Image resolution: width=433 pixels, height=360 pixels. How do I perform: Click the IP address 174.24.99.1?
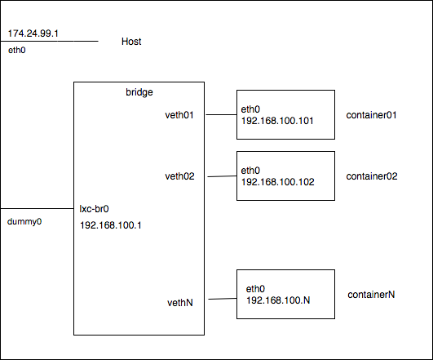click(33, 33)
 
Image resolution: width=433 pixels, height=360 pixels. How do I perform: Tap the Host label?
click(131, 42)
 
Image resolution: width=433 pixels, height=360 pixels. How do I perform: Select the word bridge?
click(139, 92)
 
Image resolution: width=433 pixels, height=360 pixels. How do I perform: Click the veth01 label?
click(179, 115)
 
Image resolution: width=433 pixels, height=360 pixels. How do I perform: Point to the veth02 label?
click(179, 176)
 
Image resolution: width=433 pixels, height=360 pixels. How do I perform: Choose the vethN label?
click(180, 303)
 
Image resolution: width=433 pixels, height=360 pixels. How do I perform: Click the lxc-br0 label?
click(94, 209)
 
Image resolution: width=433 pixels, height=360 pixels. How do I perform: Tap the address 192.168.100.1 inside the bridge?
click(111, 225)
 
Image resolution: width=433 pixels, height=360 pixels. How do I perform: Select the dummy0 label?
click(24, 222)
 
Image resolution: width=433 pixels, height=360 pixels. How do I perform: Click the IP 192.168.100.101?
click(277, 121)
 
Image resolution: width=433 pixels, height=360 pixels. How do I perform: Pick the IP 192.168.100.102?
click(278, 182)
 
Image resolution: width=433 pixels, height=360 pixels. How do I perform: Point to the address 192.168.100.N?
click(278, 300)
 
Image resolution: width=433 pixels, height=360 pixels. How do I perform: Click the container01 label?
click(371, 115)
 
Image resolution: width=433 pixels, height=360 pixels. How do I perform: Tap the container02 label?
click(372, 176)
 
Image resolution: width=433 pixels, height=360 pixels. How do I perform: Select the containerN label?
click(371, 295)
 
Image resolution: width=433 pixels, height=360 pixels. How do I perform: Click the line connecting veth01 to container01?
click(221, 114)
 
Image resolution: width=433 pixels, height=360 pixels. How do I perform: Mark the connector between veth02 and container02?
click(222, 176)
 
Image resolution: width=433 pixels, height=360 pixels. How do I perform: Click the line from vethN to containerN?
click(223, 299)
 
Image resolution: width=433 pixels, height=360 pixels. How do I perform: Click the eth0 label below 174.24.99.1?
click(17, 50)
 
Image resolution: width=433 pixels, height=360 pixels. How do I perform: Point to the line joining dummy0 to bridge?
click(37, 208)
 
